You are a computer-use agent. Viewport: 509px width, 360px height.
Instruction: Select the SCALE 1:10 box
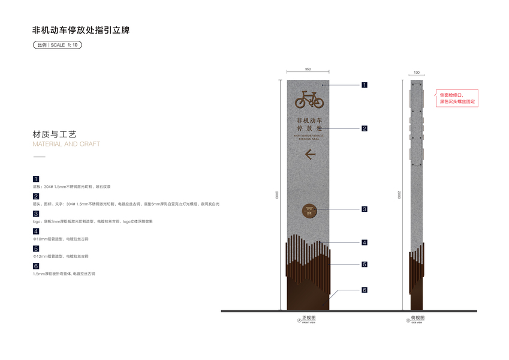pos(57,45)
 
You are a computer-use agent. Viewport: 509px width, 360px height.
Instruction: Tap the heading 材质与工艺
pos(55,134)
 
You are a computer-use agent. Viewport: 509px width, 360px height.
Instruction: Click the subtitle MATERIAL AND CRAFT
pos(66,144)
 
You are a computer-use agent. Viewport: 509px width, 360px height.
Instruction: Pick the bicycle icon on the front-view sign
pos(309,98)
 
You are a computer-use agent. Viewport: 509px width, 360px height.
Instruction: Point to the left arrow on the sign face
pos(310,154)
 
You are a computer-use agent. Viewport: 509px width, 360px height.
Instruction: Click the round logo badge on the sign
pos(309,211)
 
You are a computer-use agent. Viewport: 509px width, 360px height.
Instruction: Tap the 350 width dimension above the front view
pos(308,70)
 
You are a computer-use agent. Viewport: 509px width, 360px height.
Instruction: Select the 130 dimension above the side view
pos(416,73)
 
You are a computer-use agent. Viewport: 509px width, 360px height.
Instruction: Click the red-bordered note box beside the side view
pos(458,98)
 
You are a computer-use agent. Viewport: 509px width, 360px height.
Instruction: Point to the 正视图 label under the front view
pos(309,317)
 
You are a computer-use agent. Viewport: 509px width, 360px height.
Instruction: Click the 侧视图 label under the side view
pos(417,317)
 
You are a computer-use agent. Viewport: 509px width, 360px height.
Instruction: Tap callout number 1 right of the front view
pos(364,85)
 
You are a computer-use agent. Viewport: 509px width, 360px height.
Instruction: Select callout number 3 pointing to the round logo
pos(364,209)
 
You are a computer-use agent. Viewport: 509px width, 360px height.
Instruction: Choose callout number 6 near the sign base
pos(364,290)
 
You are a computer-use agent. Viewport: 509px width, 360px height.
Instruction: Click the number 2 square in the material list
pos(36,196)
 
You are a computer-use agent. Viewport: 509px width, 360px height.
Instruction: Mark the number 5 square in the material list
pos(36,248)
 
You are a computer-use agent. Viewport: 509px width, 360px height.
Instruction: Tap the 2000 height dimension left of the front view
pos(277,195)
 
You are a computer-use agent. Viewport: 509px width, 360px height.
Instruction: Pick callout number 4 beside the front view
pos(364,242)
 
